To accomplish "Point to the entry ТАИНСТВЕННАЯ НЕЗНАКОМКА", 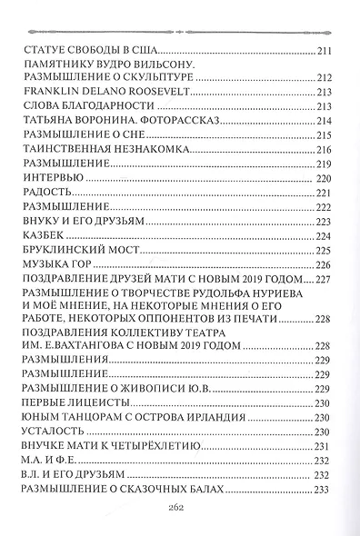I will pos(88,149).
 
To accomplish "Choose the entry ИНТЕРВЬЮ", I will pos(46,178).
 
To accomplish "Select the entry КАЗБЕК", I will pos(39,235).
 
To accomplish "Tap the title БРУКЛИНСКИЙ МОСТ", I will pos(69,250).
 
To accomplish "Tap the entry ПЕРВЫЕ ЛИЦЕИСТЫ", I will pos(66,402).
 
